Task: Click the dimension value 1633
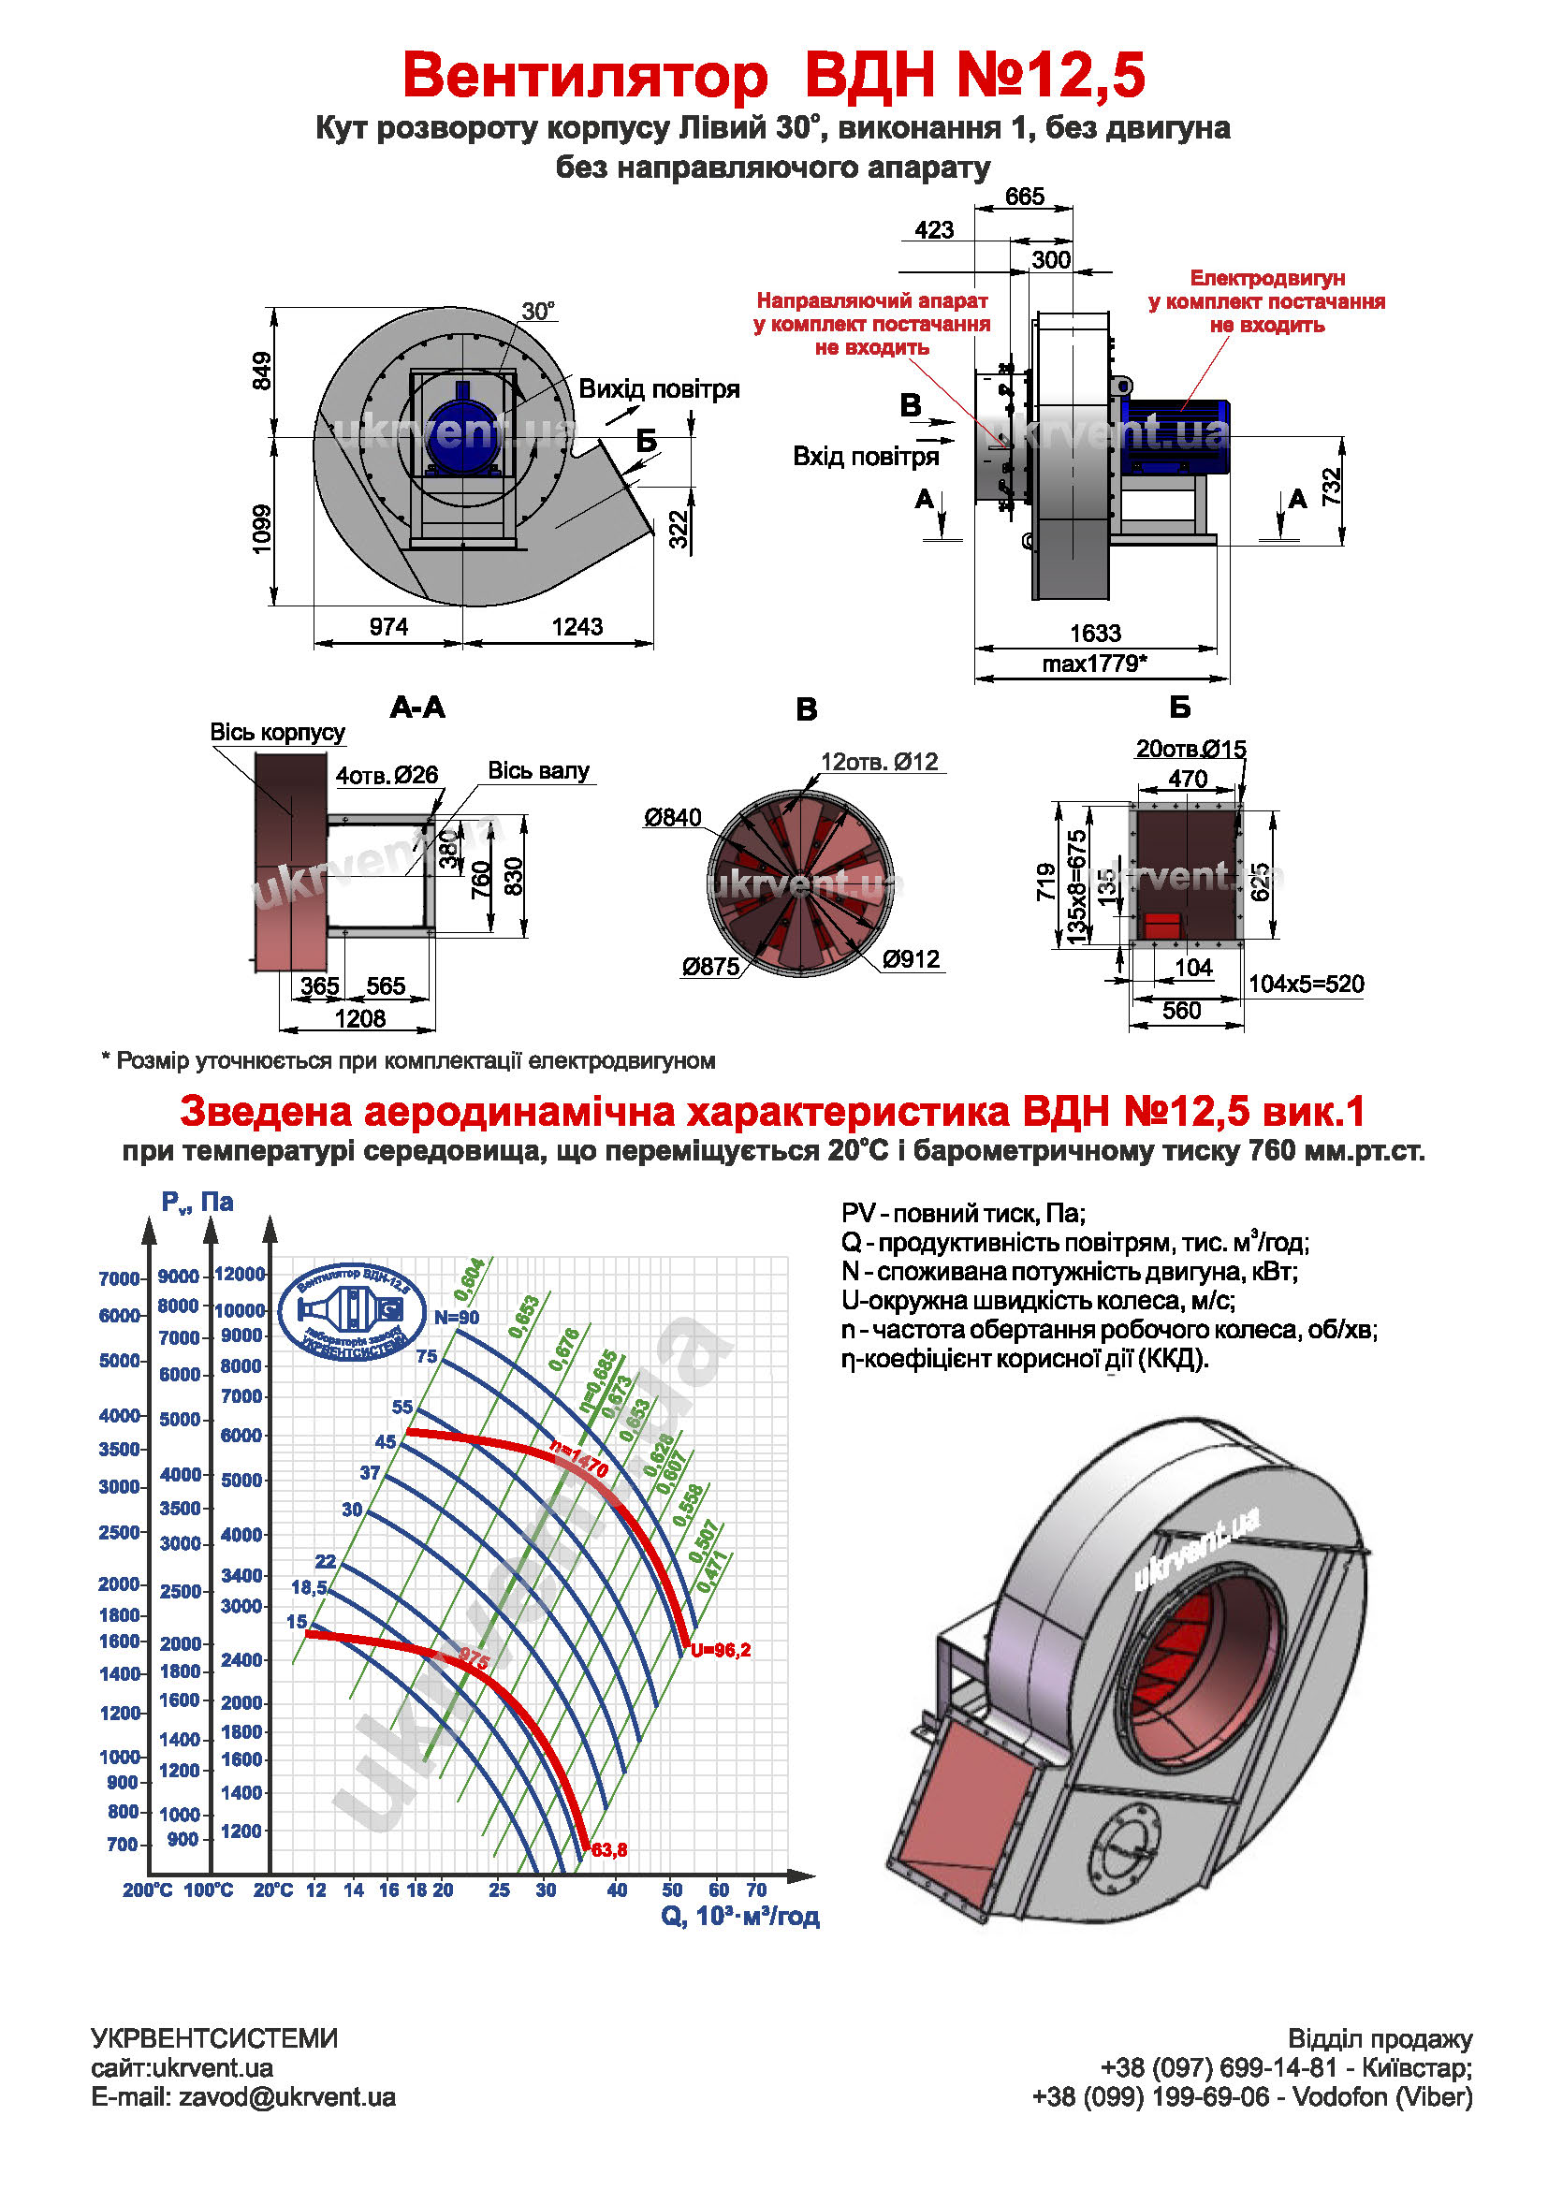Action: pyautogui.click(x=1094, y=633)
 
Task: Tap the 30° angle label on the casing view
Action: pyautogui.click(x=537, y=312)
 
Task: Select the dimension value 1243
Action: pyautogui.click(x=577, y=626)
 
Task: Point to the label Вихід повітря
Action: pyautogui.click(x=659, y=389)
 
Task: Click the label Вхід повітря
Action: pyautogui.click(x=866, y=457)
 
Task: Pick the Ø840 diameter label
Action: pyautogui.click(x=672, y=817)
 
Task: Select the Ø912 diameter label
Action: pyautogui.click(x=911, y=959)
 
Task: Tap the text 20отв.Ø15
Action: pyautogui.click(x=1190, y=750)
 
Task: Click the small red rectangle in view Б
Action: pyautogui.click(x=1162, y=925)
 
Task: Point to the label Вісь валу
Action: pyautogui.click(x=538, y=770)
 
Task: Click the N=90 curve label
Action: pyautogui.click(x=457, y=1318)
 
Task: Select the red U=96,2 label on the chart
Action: pyautogui.click(x=721, y=1650)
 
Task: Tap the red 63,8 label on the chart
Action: pyautogui.click(x=609, y=1850)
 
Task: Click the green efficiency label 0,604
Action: pyautogui.click(x=469, y=1279)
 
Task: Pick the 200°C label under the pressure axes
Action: pyautogui.click(x=147, y=1890)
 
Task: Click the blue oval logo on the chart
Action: pyautogui.click(x=353, y=1313)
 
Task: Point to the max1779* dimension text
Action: pyautogui.click(x=1094, y=664)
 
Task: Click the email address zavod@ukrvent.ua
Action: pyautogui.click(x=287, y=2097)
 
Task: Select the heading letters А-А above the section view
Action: pyautogui.click(x=417, y=708)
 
